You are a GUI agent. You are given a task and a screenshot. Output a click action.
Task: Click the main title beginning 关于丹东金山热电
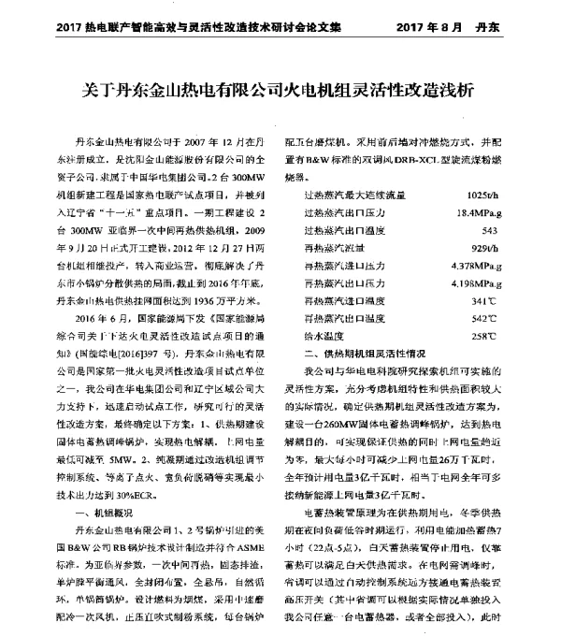tap(280, 91)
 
